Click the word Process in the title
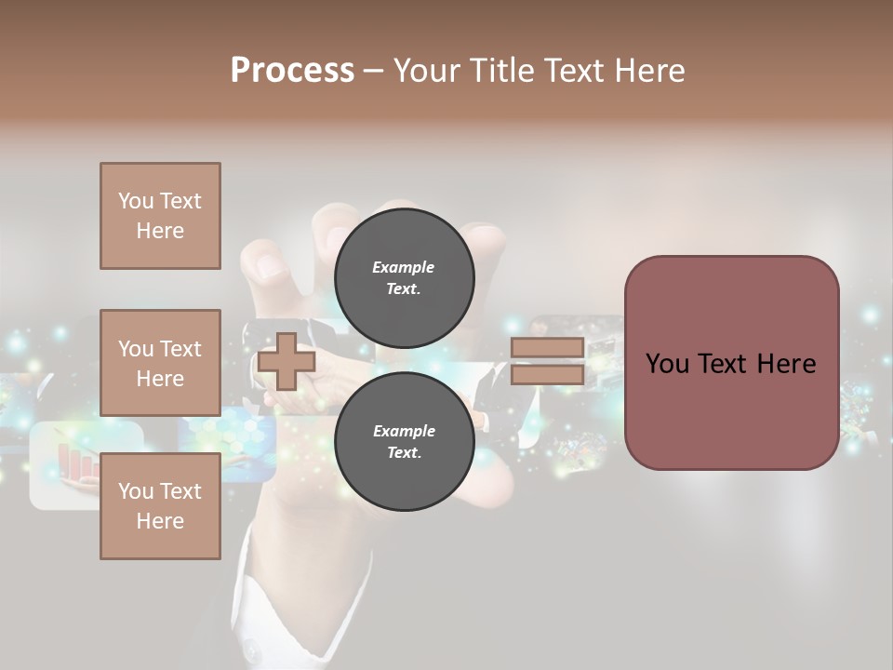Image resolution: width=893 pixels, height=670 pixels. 292,71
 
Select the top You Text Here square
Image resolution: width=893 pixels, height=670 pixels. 160,216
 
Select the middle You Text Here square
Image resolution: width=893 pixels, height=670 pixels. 160,363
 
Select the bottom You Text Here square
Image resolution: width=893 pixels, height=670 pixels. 160,506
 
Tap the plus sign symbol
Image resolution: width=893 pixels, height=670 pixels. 287,361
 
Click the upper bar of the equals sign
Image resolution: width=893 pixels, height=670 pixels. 547,348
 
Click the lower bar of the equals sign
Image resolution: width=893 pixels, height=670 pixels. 547,374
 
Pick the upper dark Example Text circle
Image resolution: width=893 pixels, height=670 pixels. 404,278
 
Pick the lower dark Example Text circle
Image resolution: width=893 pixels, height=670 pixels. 404,442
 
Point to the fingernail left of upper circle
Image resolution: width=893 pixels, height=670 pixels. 268,266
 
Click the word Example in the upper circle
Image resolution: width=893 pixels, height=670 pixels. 404,268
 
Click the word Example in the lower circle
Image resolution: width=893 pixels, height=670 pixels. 404,432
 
